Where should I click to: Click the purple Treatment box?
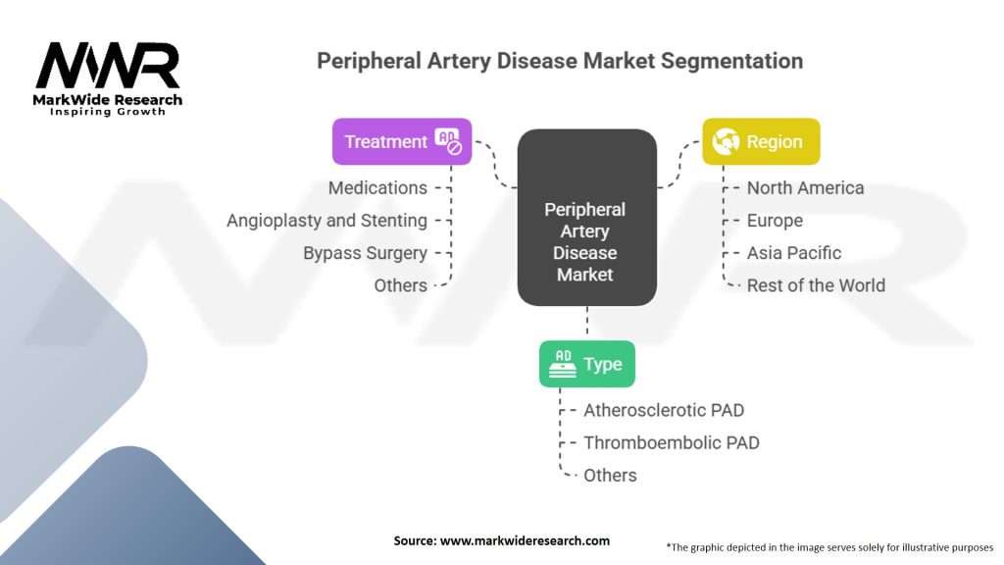point(402,141)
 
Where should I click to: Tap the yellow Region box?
point(761,141)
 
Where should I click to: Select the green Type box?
point(587,364)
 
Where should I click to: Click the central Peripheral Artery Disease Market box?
point(586,241)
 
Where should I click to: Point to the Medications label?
point(377,187)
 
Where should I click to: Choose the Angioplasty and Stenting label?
point(326,220)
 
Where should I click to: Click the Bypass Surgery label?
point(365,252)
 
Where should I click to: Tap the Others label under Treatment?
point(400,285)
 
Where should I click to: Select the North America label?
point(805,187)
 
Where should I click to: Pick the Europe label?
point(775,220)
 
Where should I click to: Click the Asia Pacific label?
point(794,252)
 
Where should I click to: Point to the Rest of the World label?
point(816,285)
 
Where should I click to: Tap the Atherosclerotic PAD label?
point(664,410)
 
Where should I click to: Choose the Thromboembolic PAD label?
point(672,442)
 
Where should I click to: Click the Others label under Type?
point(610,475)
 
